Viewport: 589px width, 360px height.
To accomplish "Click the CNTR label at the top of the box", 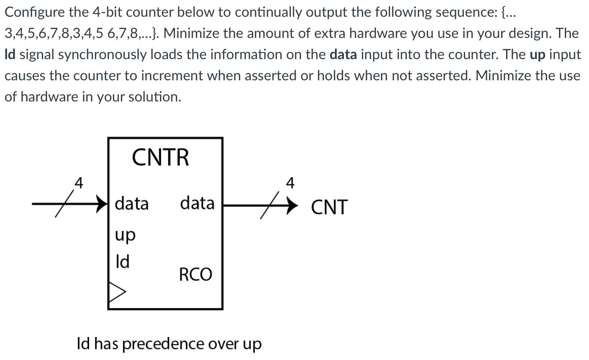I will coord(160,157).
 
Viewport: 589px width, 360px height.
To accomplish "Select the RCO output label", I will coord(195,274).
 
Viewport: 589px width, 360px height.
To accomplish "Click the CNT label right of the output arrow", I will coord(329,207).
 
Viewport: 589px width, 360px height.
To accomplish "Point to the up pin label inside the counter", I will coord(125,235).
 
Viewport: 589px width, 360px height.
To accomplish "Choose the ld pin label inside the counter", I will coord(122,262).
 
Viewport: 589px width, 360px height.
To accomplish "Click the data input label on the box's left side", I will coord(131,204).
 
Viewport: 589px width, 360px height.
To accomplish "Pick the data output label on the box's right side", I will coord(197,203).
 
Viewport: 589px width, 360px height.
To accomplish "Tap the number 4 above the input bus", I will coord(78,183).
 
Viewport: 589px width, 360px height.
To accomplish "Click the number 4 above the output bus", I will coord(290,183).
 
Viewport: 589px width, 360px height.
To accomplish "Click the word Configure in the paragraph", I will coord(34,12).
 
